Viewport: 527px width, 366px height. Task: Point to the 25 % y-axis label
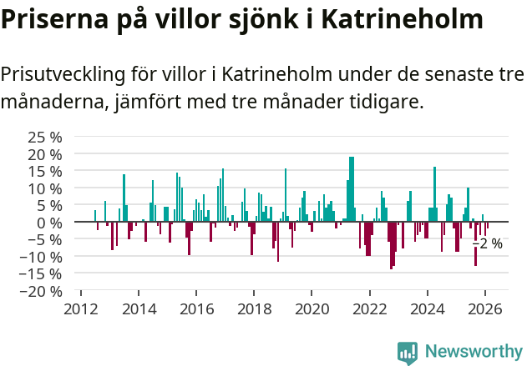pyautogui.click(x=45, y=137)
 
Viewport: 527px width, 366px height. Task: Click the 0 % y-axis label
pyautogui.click(x=49, y=223)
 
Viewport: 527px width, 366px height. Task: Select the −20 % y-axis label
pyautogui.click(x=42, y=292)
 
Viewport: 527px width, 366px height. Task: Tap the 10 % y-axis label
pyautogui.click(x=45, y=188)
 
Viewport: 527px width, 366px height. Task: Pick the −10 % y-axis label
pyautogui.click(x=42, y=258)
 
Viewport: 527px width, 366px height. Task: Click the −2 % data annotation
pyautogui.click(x=488, y=243)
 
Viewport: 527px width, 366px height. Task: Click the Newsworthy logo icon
pyautogui.click(x=408, y=353)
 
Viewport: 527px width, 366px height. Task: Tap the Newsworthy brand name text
pyautogui.click(x=473, y=353)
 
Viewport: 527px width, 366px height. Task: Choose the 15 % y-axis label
pyautogui.click(x=45, y=171)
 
